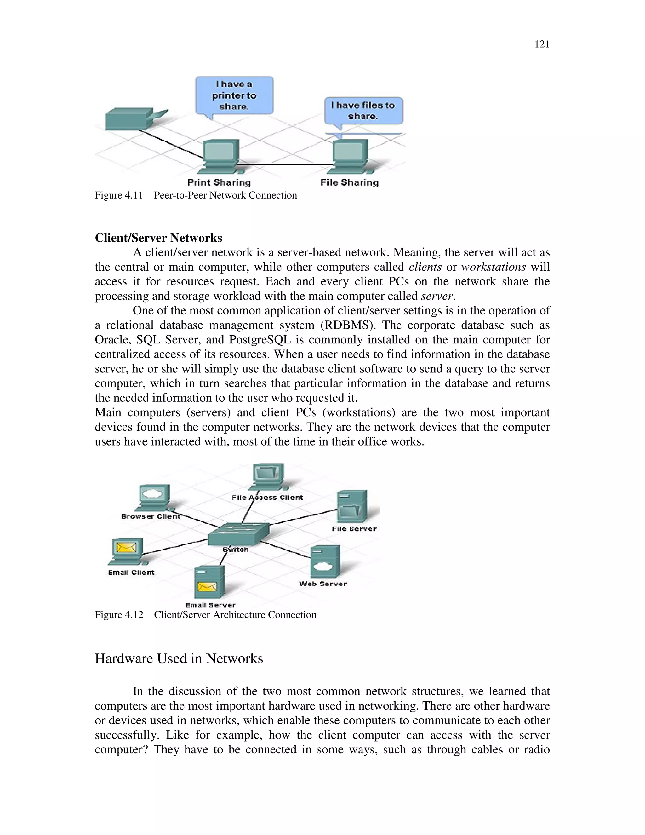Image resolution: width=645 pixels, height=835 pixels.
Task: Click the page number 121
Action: pos(541,44)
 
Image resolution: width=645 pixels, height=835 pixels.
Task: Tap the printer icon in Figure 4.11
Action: pos(132,118)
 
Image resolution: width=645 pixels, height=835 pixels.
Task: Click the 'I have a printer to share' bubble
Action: pos(234,95)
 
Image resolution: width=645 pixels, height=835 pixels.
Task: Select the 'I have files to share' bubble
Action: pos(363,111)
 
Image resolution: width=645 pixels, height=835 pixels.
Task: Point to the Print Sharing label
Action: pos(219,182)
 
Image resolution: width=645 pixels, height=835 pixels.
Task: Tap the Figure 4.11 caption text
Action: pos(196,195)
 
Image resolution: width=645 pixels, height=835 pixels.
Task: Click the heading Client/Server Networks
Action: pos(158,238)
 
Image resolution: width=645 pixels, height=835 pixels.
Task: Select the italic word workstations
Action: pos(493,267)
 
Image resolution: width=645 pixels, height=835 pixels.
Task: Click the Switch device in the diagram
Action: pos(239,534)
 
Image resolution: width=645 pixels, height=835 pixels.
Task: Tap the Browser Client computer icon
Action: pos(154,497)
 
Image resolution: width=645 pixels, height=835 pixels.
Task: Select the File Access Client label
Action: pos(267,498)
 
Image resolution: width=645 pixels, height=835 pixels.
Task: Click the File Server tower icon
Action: pos(351,506)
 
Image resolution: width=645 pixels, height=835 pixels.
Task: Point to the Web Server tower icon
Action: pos(325,561)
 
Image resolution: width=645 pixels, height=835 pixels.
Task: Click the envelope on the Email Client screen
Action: pos(126,548)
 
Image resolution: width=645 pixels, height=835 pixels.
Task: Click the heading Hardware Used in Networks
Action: pos(179,659)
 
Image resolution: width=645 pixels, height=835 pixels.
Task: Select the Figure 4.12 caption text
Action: pos(206,615)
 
